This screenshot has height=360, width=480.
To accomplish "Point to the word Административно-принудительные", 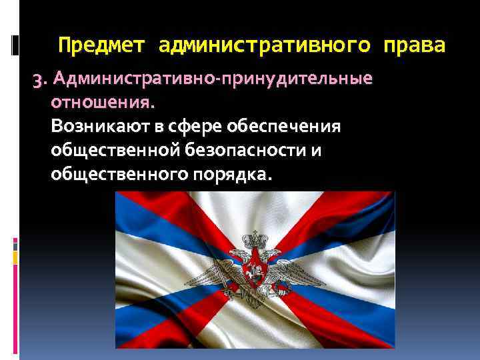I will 213,81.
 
